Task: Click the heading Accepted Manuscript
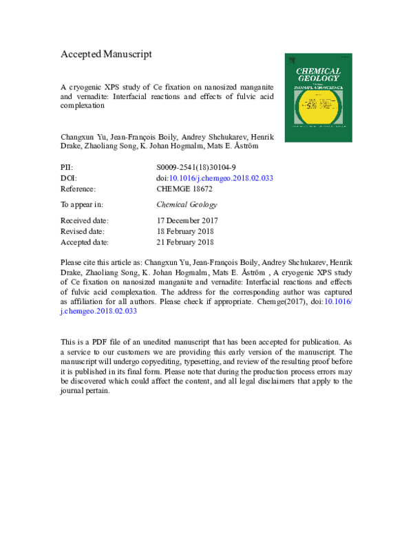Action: coord(107,54)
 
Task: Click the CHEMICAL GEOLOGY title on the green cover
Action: coord(318,74)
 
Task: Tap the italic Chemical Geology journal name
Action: coord(187,204)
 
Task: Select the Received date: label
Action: coord(85,220)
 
